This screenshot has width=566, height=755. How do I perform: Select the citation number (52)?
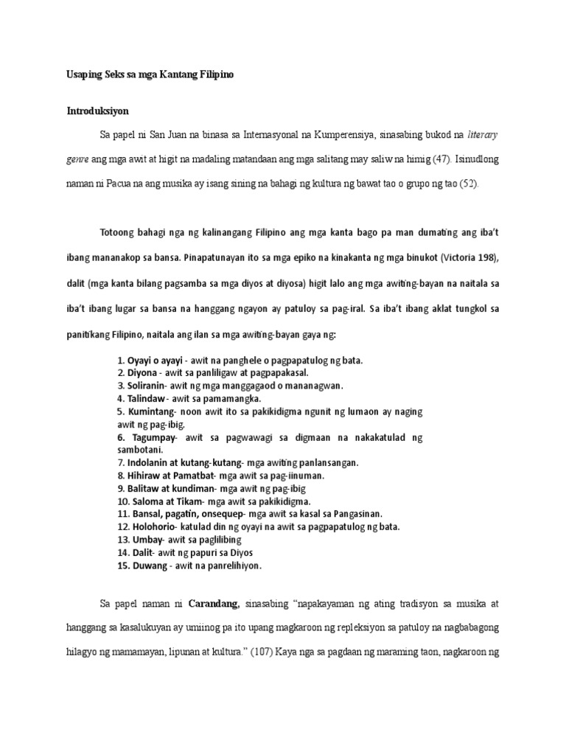coord(469,182)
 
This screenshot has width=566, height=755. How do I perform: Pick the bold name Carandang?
coord(214,603)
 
